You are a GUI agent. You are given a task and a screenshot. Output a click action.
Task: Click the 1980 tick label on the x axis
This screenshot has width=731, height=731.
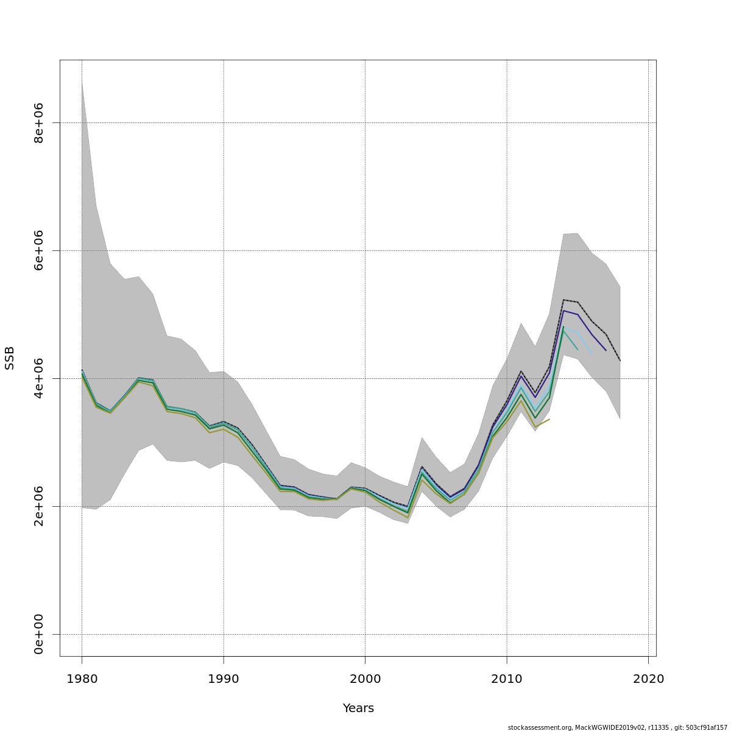point(82,679)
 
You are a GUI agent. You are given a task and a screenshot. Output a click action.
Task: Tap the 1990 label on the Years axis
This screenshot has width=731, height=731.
point(224,679)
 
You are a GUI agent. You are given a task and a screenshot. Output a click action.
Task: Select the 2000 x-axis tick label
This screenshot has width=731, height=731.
point(365,679)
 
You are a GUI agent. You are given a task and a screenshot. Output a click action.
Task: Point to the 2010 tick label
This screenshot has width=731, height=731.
point(507,679)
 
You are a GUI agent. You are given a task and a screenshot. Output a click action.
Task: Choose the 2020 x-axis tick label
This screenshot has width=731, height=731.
point(648,679)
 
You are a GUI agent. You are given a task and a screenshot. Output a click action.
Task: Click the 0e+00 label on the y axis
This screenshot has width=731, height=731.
point(39,634)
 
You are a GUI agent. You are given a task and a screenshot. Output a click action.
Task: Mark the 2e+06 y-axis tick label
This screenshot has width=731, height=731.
point(39,506)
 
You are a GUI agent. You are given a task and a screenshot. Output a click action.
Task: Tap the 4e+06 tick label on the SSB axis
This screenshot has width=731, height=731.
point(39,378)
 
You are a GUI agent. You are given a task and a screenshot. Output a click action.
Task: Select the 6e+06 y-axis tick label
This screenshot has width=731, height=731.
point(39,250)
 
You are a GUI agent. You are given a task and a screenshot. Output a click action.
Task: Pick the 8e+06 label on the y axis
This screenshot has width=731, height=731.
point(39,122)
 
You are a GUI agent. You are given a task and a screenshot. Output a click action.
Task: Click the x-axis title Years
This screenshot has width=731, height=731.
point(358,708)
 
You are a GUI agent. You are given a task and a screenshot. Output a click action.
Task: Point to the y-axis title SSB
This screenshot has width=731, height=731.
point(10,358)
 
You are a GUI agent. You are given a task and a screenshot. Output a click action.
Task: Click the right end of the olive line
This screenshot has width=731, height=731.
point(549,419)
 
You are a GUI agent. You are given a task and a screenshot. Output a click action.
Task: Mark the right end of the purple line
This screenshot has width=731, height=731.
point(606,350)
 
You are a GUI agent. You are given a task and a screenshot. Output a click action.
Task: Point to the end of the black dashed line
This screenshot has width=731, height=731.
point(620,361)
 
